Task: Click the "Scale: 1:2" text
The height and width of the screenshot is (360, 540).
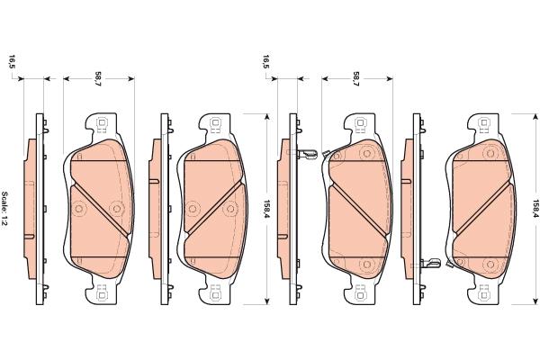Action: point(5,209)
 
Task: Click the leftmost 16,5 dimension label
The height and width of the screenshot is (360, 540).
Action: point(13,62)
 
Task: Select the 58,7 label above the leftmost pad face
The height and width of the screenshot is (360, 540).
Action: point(98,79)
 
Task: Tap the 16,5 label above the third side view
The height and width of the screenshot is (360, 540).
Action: point(266,62)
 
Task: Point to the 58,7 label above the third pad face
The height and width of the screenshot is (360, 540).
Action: point(356,79)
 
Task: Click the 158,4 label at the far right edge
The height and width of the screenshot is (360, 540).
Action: point(535,209)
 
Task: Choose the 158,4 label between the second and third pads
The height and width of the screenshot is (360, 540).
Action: point(266,210)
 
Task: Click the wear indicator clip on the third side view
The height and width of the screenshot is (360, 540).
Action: point(307,154)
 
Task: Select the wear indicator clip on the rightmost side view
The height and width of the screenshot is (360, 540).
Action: point(430,264)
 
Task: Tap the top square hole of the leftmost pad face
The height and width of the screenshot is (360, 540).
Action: point(102,122)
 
